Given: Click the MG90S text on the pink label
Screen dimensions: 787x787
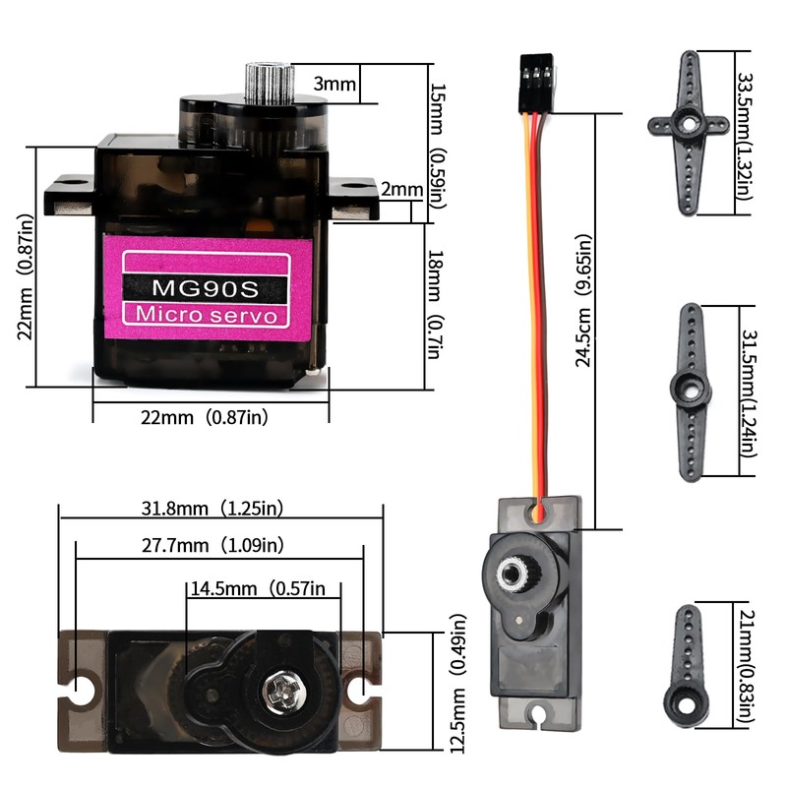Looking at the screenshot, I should [x=206, y=288].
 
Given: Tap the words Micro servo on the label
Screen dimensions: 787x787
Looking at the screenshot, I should [x=206, y=315].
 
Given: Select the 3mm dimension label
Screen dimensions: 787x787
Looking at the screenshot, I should [x=334, y=84].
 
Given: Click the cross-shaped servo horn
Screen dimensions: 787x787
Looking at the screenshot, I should [x=688, y=124].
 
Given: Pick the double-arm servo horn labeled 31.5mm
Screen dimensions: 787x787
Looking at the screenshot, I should [x=691, y=390].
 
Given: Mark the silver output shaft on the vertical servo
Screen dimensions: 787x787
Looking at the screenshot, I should [x=514, y=574].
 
